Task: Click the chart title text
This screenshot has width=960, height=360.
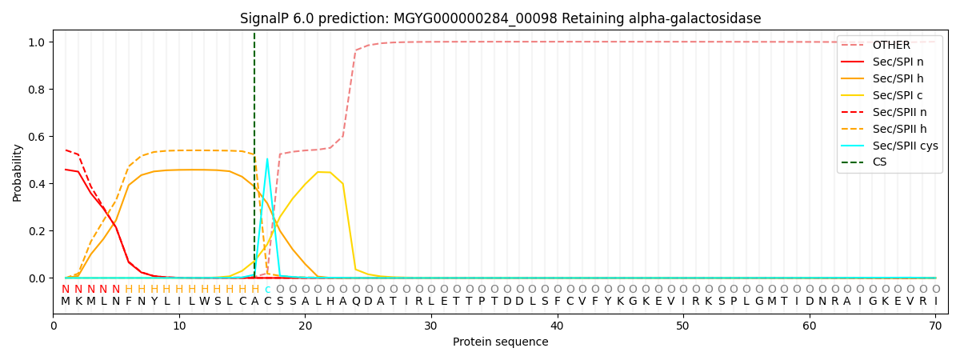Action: pyautogui.click(x=500, y=18)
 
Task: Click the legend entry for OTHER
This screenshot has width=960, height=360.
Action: pyautogui.click(x=890, y=45)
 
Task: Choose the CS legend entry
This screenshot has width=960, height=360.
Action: pyautogui.click(x=879, y=162)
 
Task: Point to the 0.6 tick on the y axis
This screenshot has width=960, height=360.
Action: pyautogui.click(x=38, y=137)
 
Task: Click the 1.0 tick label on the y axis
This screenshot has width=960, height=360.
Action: pyautogui.click(x=38, y=42)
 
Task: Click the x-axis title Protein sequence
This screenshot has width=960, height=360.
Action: pyautogui.click(x=500, y=342)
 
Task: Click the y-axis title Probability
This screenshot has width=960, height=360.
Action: pyautogui.click(x=18, y=172)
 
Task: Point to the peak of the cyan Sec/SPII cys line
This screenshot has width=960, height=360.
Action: pyautogui.click(x=267, y=159)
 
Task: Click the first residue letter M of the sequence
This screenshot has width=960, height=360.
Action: pyautogui.click(x=66, y=302)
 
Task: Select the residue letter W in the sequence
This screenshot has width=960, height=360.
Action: pyautogui.click(x=205, y=302)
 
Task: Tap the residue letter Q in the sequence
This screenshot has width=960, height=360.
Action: pyautogui.click(x=356, y=302)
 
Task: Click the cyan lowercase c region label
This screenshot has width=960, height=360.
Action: pyautogui.click(x=267, y=290)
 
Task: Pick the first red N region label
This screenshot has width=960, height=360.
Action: pyautogui.click(x=66, y=290)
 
